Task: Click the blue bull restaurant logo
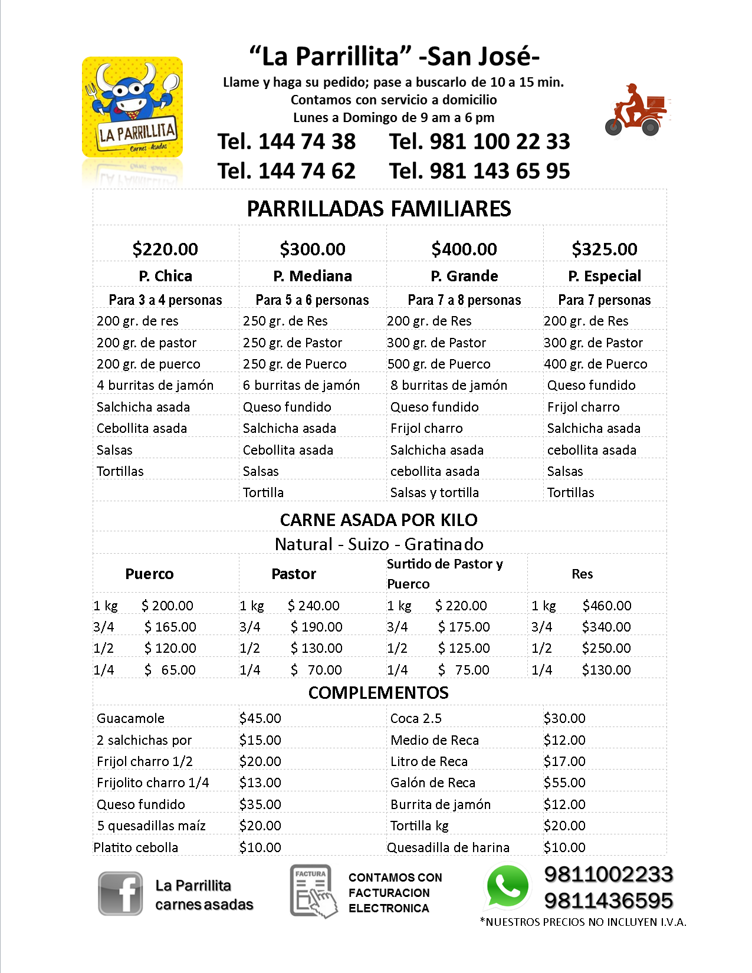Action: [x=132, y=107]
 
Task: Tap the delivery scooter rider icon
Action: [x=635, y=110]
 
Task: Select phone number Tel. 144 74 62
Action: [x=287, y=171]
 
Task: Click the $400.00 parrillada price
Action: [x=464, y=249]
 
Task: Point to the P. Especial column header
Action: [x=605, y=276]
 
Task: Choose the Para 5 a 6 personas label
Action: [x=312, y=300]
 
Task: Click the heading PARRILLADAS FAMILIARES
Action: [x=379, y=209]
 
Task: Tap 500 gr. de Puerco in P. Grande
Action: [x=439, y=364]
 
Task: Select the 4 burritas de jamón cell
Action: [x=155, y=385]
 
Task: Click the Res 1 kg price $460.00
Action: [x=606, y=606]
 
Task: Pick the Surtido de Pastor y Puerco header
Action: [x=445, y=574]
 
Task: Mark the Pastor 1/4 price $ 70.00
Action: [x=316, y=670]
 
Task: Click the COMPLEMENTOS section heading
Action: [x=379, y=693]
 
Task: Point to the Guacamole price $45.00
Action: [x=260, y=718]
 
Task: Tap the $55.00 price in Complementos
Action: [x=564, y=783]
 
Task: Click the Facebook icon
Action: [x=120, y=893]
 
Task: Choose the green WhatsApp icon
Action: [x=507, y=887]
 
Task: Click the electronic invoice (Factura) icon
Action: [x=313, y=892]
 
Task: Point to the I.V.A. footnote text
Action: [x=583, y=922]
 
